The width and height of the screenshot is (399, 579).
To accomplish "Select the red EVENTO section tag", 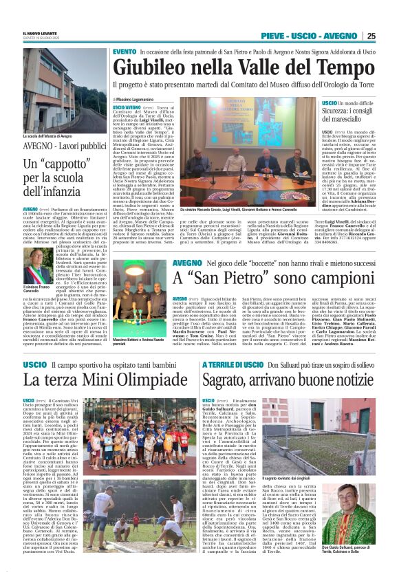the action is tap(125, 52).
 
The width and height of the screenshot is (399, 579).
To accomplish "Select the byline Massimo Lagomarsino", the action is tap(142, 100).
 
